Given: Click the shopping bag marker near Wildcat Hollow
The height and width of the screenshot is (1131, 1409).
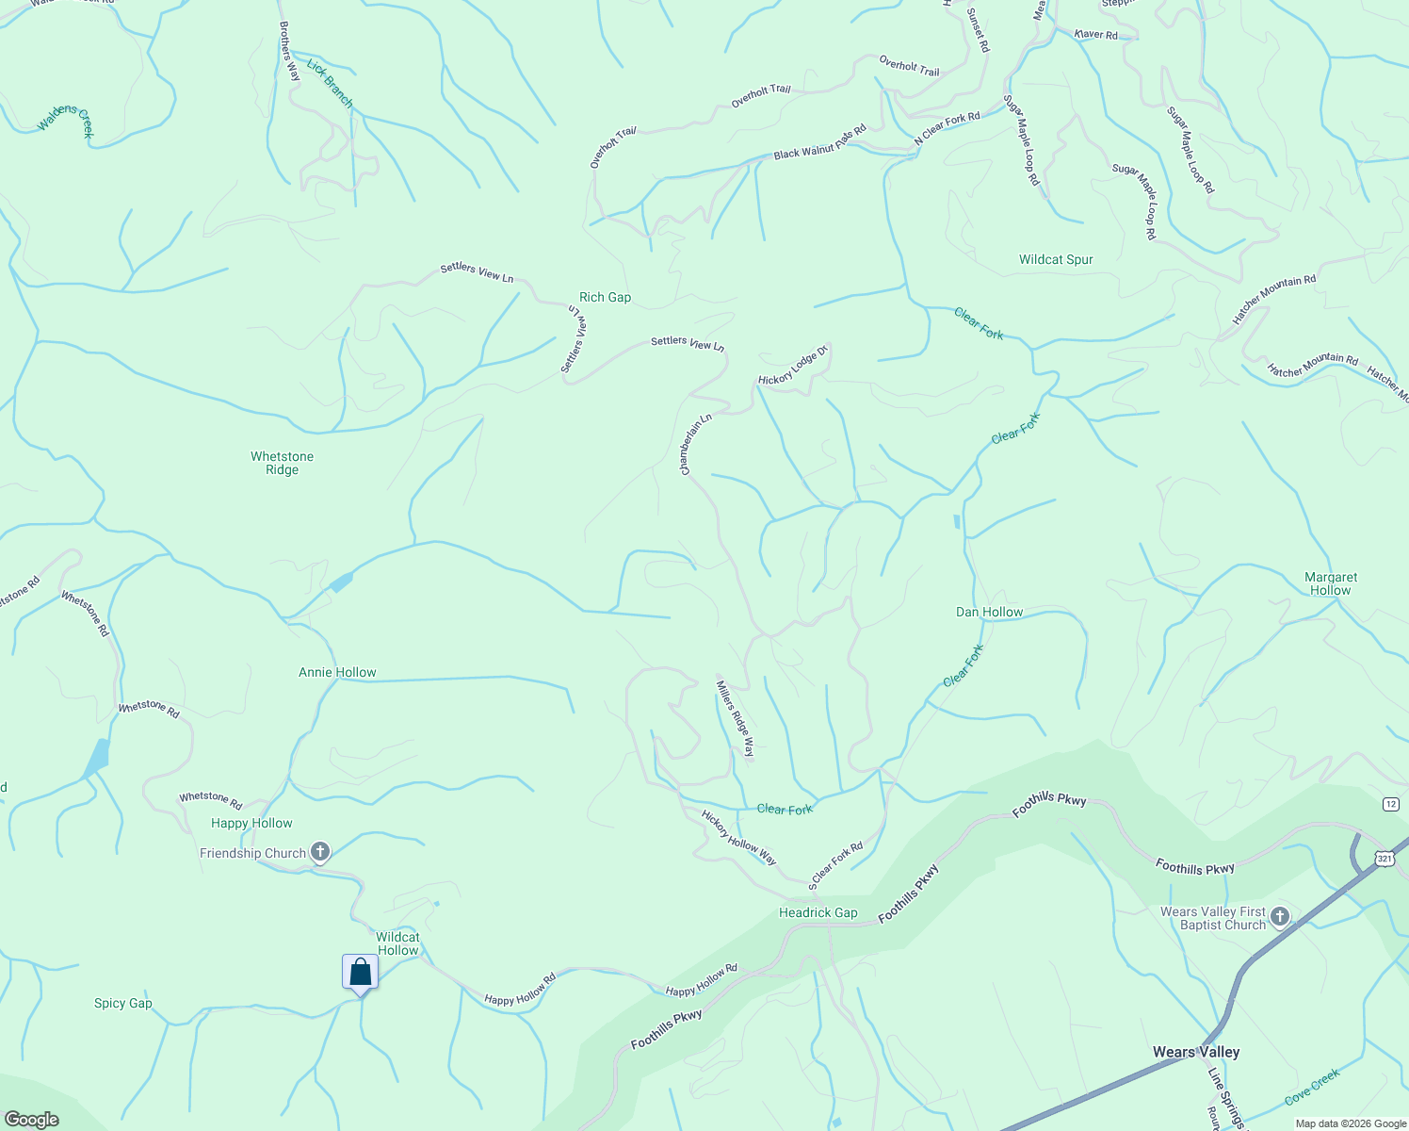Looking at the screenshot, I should coord(360,972).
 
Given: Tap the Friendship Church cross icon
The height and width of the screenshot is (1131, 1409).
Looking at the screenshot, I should coord(320,853).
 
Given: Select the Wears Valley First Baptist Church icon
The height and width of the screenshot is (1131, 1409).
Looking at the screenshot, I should coord(1279,917).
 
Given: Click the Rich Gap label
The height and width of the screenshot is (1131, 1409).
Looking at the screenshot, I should coord(605,297).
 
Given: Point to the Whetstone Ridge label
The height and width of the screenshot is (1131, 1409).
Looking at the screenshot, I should coord(282,463).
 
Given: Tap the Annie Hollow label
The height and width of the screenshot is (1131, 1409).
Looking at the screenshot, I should coord(337,672).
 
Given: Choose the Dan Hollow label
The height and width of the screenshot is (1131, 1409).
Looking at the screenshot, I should coord(989,612).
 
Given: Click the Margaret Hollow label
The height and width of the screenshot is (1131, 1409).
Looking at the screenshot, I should coord(1331,583).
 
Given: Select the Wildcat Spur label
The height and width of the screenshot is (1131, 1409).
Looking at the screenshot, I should coord(1056,259).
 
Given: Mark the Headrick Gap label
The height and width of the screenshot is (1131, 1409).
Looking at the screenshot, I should coord(818,912).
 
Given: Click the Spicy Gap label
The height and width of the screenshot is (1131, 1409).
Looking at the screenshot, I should coord(122,1003).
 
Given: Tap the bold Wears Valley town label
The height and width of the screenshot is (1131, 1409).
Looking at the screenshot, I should coord(1196,1052).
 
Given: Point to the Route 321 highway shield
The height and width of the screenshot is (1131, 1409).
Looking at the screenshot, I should coord(1383,858).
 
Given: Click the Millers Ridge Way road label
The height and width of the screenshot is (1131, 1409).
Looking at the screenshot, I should coord(736,719).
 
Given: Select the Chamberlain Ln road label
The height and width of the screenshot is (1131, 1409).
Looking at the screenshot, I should coord(696,444).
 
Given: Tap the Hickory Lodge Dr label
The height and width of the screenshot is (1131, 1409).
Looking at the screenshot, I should coord(793,366).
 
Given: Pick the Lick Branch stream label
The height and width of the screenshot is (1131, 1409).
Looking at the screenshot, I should coord(330,84).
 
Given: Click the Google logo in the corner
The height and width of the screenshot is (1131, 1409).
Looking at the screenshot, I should coord(31,1120).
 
